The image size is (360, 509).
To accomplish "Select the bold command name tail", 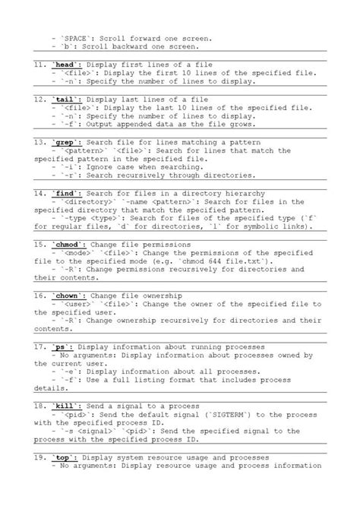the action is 67,99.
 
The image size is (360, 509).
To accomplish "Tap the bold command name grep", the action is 67,142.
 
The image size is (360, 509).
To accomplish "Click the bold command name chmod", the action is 69,244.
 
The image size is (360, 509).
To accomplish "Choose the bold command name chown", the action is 69,295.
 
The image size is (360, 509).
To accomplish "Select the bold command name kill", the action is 67,406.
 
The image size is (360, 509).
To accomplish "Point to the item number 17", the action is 39,346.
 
